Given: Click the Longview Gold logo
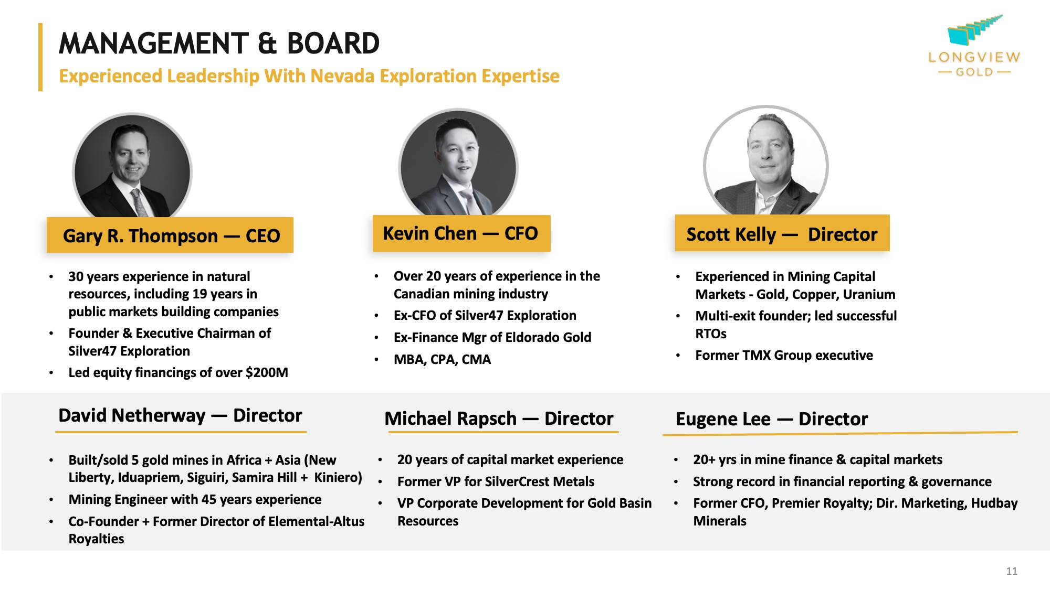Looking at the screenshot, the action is (x=974, y=46).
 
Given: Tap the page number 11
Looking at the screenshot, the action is (x=1012, y=571).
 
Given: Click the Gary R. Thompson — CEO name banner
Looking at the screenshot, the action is (x=170, y=235).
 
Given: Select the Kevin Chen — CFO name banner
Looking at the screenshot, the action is (x=461, y=233).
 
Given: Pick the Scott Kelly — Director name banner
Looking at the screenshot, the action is (x=782, y=233).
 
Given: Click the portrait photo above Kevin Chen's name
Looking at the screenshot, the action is (x=458, y=163).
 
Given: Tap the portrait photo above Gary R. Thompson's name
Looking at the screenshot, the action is (x=132, y=166).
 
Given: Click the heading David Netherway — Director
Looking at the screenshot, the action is (x=180, y=415).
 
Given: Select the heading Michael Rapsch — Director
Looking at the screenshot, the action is (x=499, y=419).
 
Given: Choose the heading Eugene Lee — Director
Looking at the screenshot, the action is (x=772, y=419).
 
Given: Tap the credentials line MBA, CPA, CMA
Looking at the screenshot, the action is (x=442, y=359).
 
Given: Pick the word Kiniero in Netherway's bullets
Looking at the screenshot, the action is (x=338, y=477).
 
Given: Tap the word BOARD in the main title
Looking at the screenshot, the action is (x=333, y=43).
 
